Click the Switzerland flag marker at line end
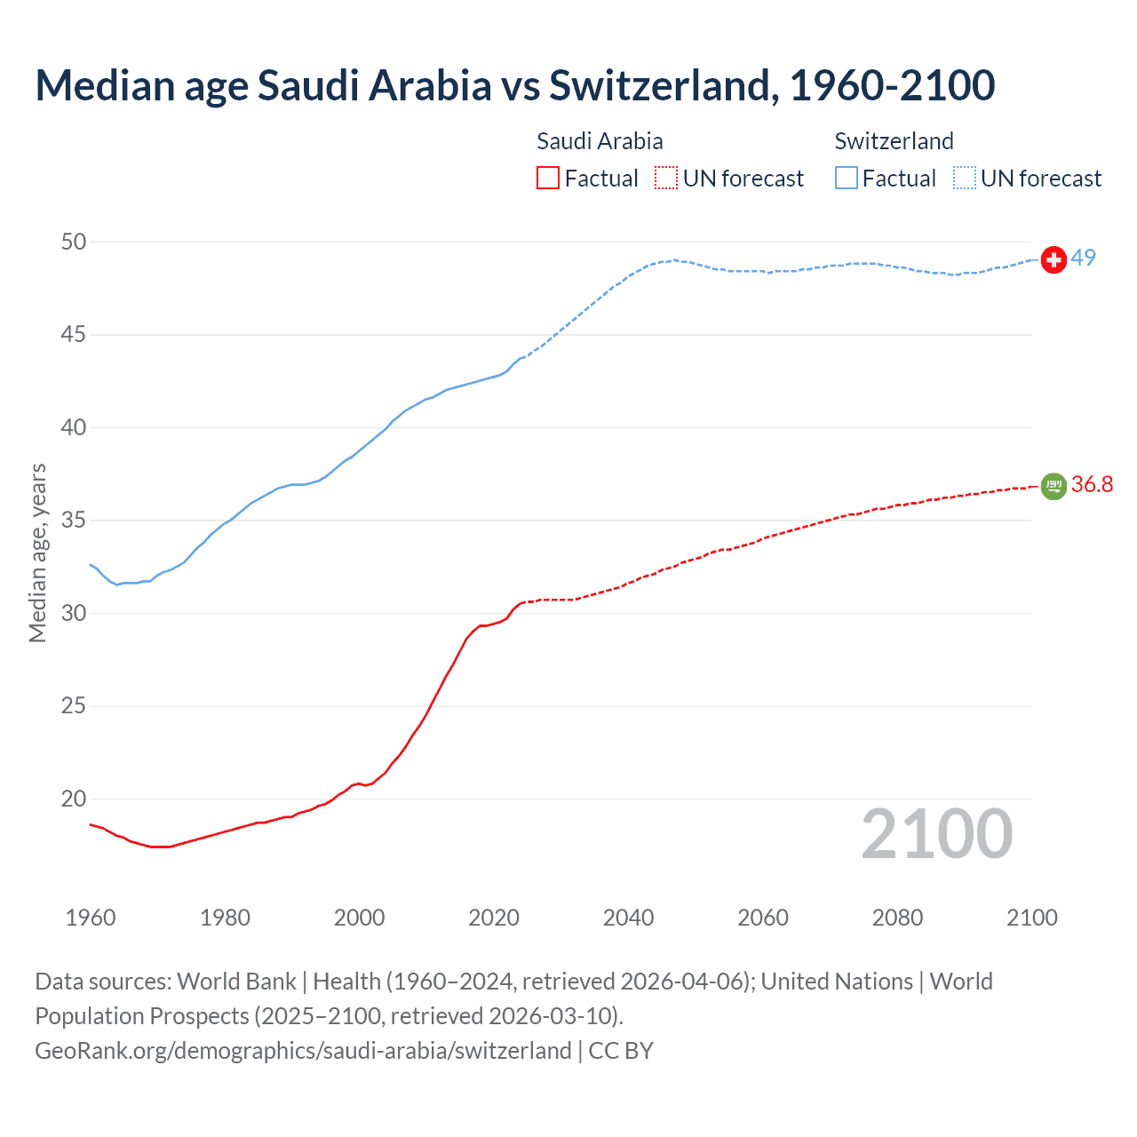click(1054, 259)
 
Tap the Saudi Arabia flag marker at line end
click(1054, 486)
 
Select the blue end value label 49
click(1084, 258)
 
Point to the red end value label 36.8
click(1092, 484)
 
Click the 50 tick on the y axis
click(74, 242)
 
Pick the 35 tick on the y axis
click(74, 520)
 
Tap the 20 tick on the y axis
click(74, 799)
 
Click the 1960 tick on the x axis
click(91, 918)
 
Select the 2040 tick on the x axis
click(628, 918)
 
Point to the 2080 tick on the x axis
click(897, 918)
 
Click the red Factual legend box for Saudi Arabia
click(548, 179)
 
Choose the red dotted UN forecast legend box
click(666, 179)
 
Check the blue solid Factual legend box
click(847, 179)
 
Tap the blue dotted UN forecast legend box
click(965, 179)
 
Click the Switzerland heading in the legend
click(894, 141)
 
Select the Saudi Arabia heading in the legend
click(600, 141)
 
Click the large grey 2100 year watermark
click(937, 833)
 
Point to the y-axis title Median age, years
click(37, 553)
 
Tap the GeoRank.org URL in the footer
click(303, 1050)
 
